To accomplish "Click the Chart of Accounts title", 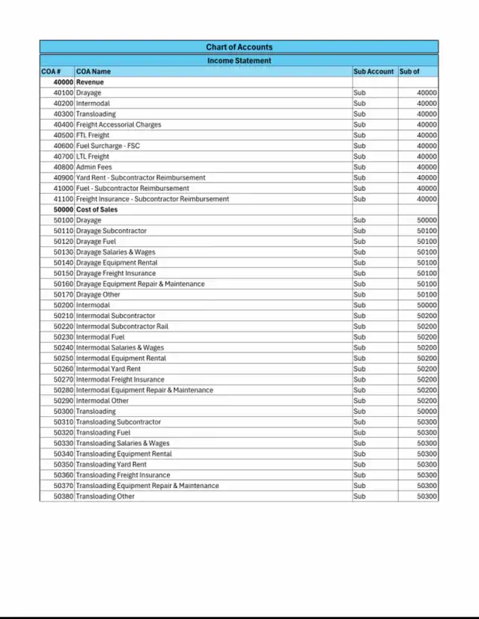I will [x=239, y=47].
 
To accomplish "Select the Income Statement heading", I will [x=239, y=61].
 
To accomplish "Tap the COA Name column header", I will [x=94, y=71].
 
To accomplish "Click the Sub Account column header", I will [x=373, y=71].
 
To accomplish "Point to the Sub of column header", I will [x=409, y=71].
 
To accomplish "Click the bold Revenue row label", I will [x=90, y=82].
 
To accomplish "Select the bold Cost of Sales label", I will [x=97, y=210].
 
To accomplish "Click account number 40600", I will [x=64, y=146].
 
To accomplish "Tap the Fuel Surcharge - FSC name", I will [x=108, y=146].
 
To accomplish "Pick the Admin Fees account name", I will [x=94, y=167].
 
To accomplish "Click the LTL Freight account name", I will [x=93, y=156].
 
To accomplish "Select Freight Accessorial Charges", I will [x=118, y=124].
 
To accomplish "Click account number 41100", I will [x=64, y=199].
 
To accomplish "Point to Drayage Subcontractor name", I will [x=112, y=231].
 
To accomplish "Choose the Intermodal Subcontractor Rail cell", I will [x=122, y=326].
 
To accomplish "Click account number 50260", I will [x=64, y=369].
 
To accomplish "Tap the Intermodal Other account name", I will [x=103, y=400].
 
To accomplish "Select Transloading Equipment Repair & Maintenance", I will [x=147, y=486].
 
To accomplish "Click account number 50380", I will [x=64, y=496].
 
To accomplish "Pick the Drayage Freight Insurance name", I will [x=116, y=273].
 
